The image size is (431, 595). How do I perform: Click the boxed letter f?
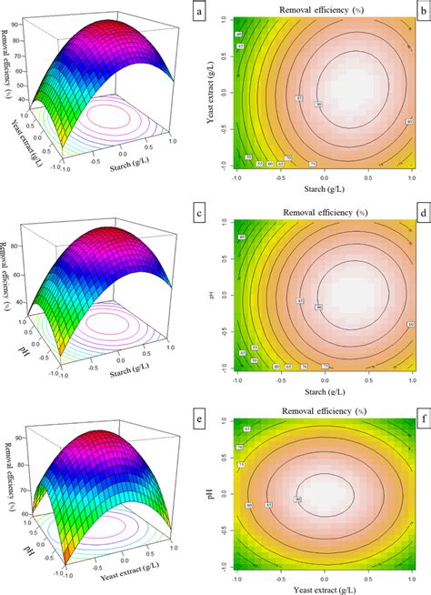pos(421,412)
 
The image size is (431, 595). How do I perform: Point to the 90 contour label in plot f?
pos(297,499)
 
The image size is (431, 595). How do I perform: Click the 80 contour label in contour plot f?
pos(247,506)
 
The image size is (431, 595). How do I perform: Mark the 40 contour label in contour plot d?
pos(242,238)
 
